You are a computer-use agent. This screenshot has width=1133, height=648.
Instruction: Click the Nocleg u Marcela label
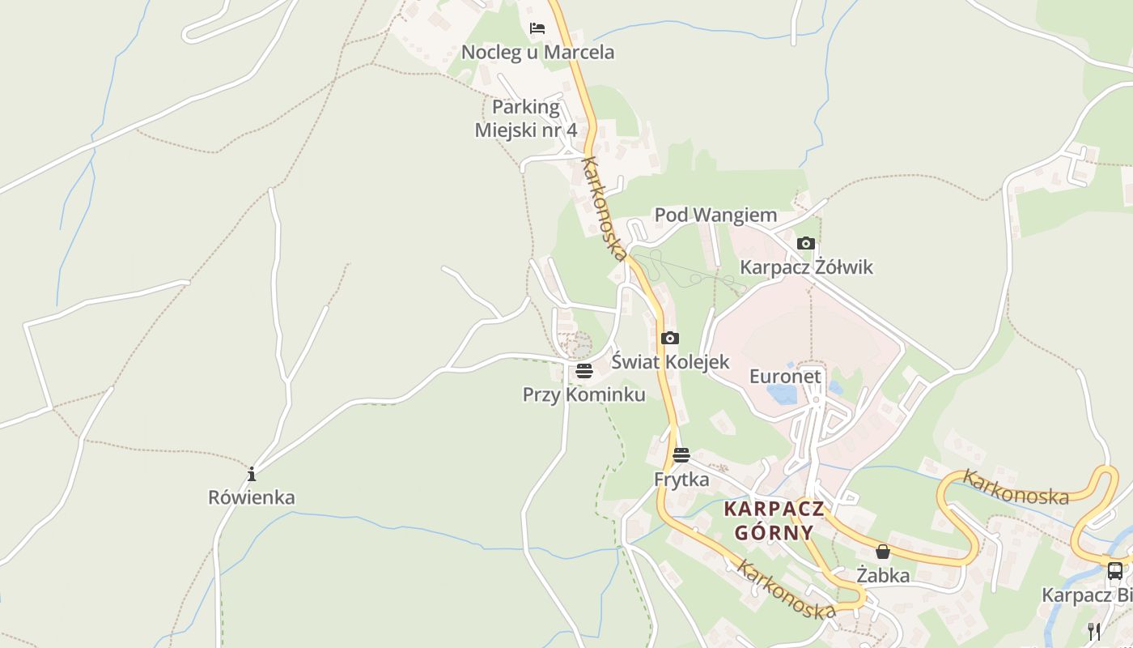pos(537,53)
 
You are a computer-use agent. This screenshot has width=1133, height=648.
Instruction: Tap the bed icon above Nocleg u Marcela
pos(537,28)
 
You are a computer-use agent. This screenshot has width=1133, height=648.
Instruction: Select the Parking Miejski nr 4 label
pos(526,118)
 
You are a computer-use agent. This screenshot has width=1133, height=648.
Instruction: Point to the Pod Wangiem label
pos(715,215)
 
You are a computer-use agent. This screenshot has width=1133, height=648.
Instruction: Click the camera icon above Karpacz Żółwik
pos(805,243)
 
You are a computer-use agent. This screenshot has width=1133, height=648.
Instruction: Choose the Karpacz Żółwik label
pos(806,267)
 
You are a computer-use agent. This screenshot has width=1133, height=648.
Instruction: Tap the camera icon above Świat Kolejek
pos(670,338)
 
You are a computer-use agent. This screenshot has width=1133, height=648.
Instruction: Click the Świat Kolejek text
pos(670,362)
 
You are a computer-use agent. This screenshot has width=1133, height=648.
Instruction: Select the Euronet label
pos(785,377)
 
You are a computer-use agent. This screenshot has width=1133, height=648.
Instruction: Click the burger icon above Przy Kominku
pos(584,371)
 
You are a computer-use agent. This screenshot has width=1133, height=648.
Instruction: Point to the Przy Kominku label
pos(584,394)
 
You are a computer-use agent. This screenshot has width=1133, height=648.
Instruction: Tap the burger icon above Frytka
pos(681,454)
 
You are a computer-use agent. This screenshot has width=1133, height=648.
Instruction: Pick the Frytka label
pos(681,480)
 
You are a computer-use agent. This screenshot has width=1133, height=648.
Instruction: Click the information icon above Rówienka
pos(252,473)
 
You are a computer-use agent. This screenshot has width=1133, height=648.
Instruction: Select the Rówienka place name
pos(252,497)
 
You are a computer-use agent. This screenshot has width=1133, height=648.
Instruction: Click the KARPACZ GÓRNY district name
pos(774,521)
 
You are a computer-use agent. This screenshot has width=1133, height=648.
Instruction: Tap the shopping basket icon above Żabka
pos(883,552)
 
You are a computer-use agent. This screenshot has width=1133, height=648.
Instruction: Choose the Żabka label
pos(883,576)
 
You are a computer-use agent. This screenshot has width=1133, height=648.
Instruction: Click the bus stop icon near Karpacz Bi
pos(1114,570)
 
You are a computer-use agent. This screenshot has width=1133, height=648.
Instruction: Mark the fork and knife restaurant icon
pos(1094,631)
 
